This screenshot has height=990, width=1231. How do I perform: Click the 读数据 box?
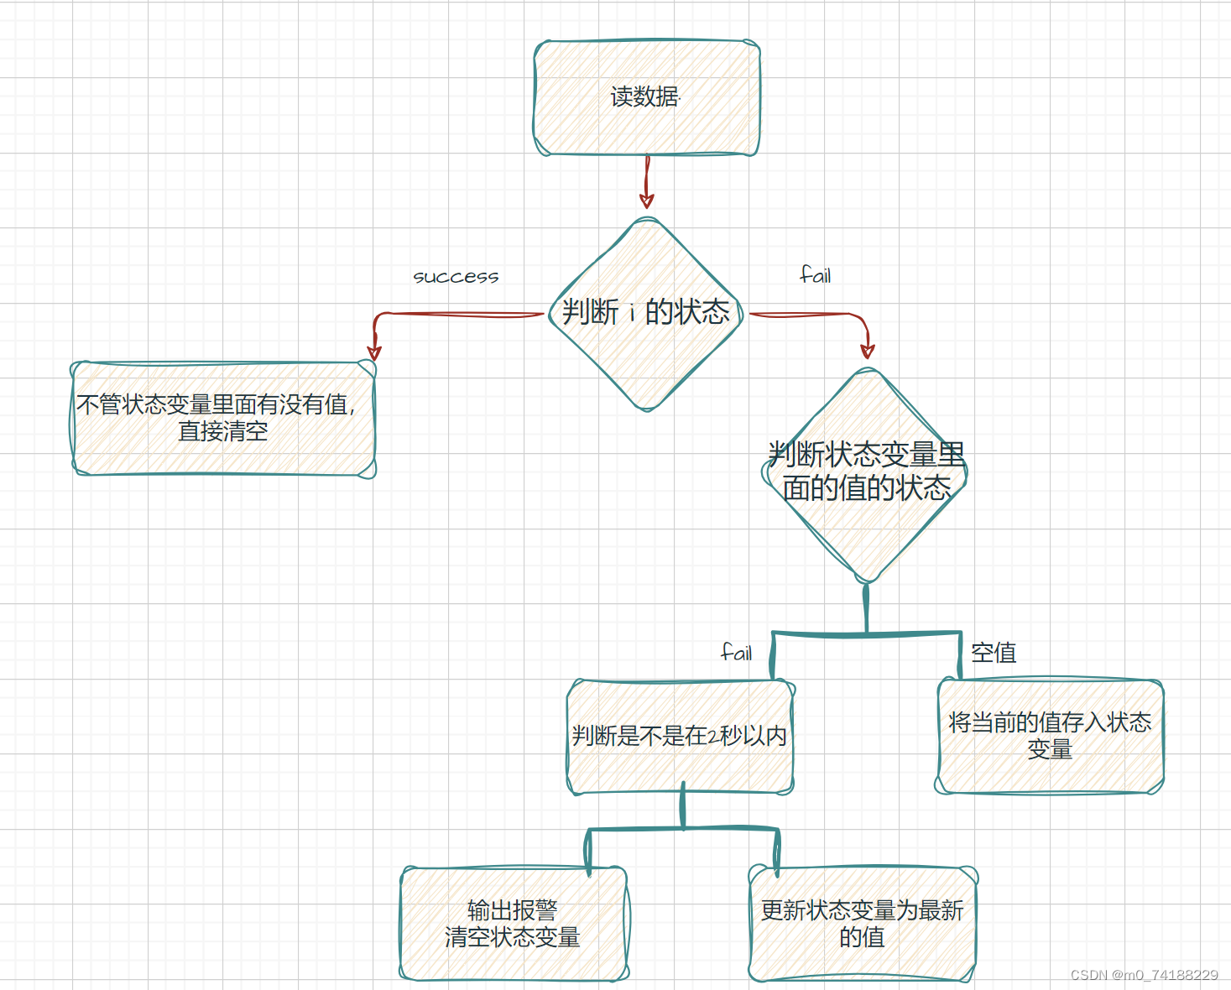click(x=646, y=97)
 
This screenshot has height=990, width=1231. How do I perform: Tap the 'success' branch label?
click(x=456, y=277)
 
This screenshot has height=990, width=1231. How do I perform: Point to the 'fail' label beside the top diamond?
click(x=816, y=275)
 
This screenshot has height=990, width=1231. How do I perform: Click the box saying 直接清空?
click(x=223, y=419)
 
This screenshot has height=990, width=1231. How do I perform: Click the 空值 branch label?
click(x=994, y=653)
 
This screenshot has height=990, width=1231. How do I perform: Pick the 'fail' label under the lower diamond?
click(x=737, y=653)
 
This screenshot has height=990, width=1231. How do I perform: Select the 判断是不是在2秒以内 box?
click(x=680, y=737)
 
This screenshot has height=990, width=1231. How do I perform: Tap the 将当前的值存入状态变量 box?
click(x=1050, y=736)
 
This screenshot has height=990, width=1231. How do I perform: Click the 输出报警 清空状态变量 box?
click(x=513, y=924)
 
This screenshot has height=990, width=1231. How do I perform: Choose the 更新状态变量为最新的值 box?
click(x=863, y=924)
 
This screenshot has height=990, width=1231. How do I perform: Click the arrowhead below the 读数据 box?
click(x=646, y=201)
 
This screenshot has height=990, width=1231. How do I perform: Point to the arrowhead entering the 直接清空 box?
click(x=374, y=352)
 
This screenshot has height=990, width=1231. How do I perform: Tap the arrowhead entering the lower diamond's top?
click(x=868, y=351)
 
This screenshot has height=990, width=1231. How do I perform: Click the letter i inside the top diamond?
click(x=632, y=314)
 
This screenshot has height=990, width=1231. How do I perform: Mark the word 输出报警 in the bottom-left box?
click(x=513, y=910)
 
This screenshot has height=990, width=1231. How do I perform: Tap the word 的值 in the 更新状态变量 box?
click(x=863, y=937)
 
